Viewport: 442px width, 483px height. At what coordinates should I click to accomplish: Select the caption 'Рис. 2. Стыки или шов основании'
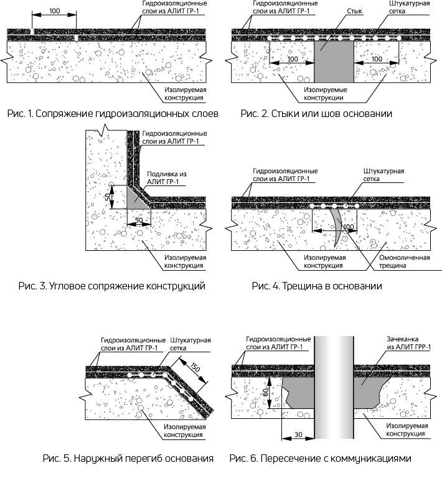(x=316, y=114)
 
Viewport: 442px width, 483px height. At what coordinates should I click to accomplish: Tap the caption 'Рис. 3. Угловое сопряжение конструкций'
(x=113, y=286)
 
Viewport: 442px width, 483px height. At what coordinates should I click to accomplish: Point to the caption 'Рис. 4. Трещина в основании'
(x=317, y=286)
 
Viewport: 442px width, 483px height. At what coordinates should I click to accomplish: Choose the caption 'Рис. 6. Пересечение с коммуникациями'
(x=321, y=459)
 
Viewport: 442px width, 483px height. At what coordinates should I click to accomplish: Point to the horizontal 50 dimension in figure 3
(x=139, y=220)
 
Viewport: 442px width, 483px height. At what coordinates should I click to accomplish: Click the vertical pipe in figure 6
(x=329, y=386)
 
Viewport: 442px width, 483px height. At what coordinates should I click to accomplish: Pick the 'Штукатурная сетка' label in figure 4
(x=383, y=176)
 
